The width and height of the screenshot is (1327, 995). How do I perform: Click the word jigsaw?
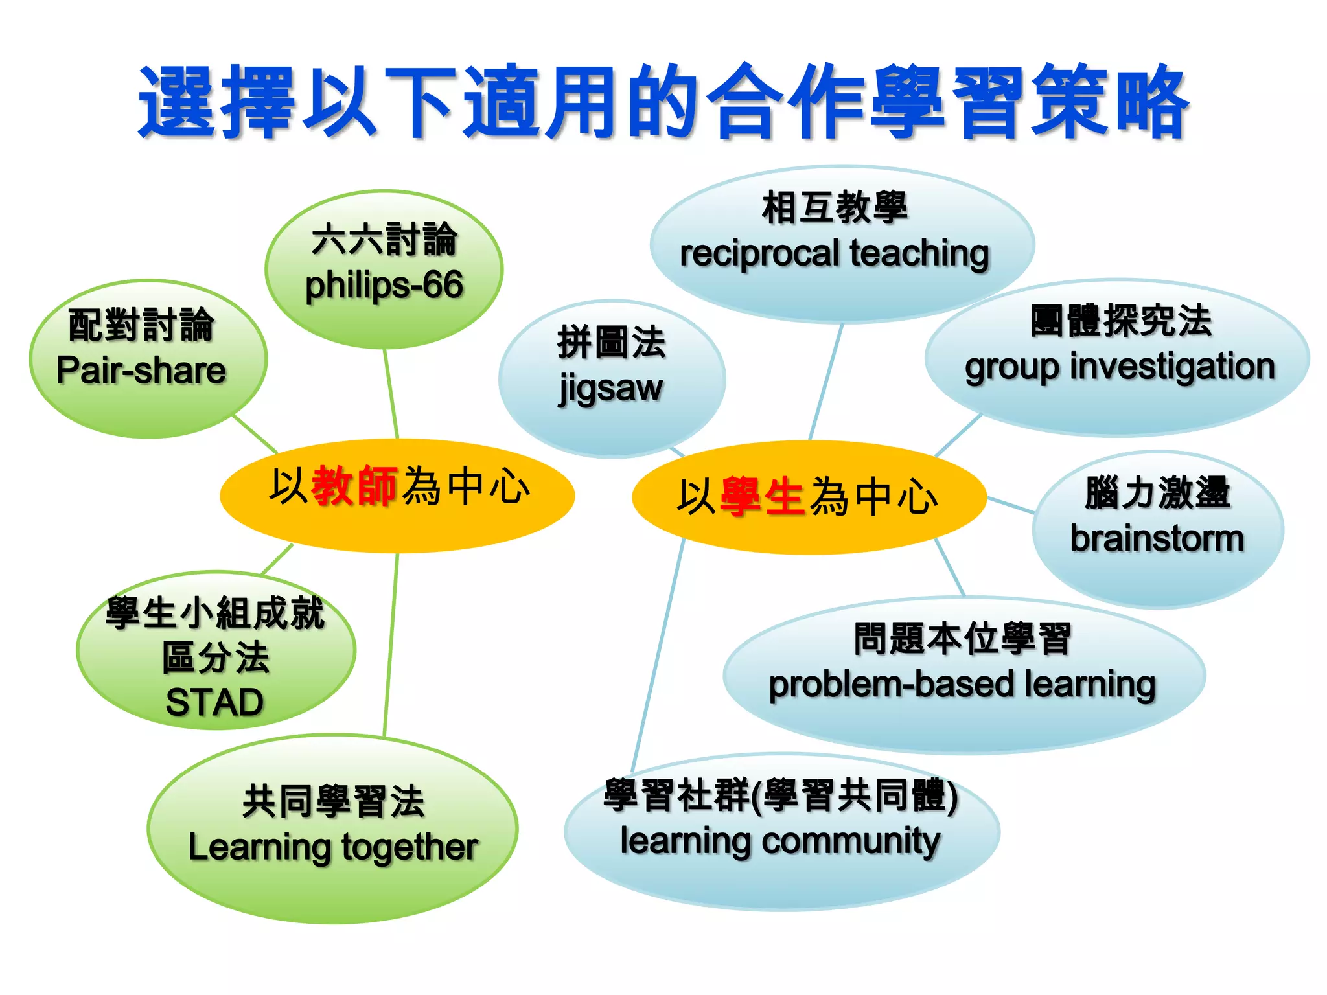610,389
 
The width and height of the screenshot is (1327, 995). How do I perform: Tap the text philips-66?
384,286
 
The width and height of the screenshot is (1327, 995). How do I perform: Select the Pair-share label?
141,371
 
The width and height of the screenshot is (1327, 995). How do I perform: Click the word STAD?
214,702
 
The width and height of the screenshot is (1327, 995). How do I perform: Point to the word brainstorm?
1157,539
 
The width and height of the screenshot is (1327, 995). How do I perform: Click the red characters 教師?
354,486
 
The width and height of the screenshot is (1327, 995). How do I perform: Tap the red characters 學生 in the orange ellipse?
762,497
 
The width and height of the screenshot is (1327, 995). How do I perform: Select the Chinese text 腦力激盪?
1157,493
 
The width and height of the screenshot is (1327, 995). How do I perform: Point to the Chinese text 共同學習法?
333,802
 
